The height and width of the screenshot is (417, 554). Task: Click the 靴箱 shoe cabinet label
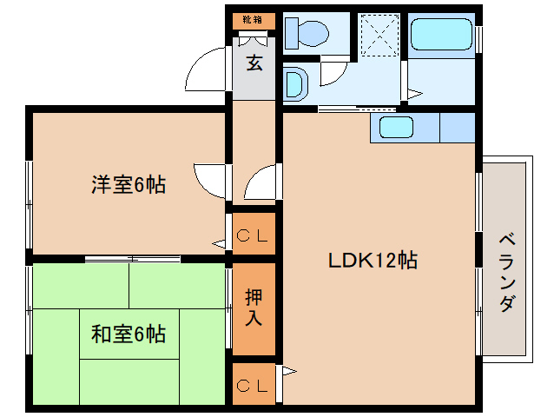pos(254,19)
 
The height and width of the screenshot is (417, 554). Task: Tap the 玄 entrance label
pos(254,63)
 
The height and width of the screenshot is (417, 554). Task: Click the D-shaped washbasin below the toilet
pos(295,85)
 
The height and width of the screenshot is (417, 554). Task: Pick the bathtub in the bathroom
pos(442,35)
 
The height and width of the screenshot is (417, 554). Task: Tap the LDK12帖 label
pos(373,259)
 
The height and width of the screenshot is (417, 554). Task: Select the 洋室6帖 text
pos(129,184)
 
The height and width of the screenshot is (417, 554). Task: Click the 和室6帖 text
pos(129,333)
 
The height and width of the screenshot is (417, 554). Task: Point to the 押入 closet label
pos(254,307)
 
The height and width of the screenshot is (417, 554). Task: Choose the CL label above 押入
pos(254,235)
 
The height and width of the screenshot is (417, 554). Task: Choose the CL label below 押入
pos(254,383)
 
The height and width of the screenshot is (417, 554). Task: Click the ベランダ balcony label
pos(507,272)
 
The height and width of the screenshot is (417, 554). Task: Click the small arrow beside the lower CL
pos(289,374)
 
